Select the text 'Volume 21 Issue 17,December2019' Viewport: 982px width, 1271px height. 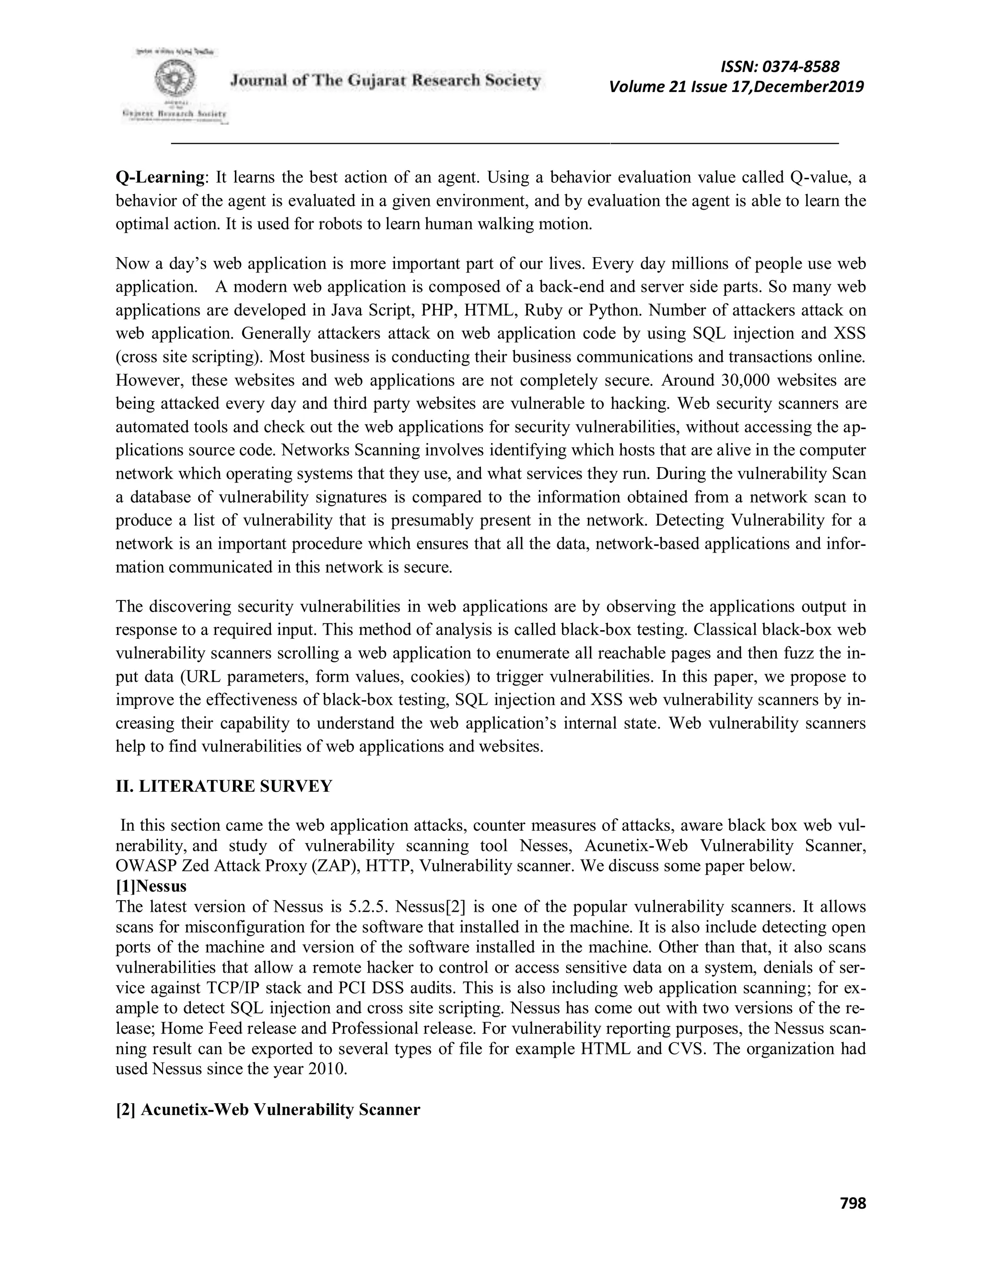click(x=736, y=87)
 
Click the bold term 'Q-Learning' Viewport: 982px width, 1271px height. click(x=161, y=177)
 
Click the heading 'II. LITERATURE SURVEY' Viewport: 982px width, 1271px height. click(x=224, y=786)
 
